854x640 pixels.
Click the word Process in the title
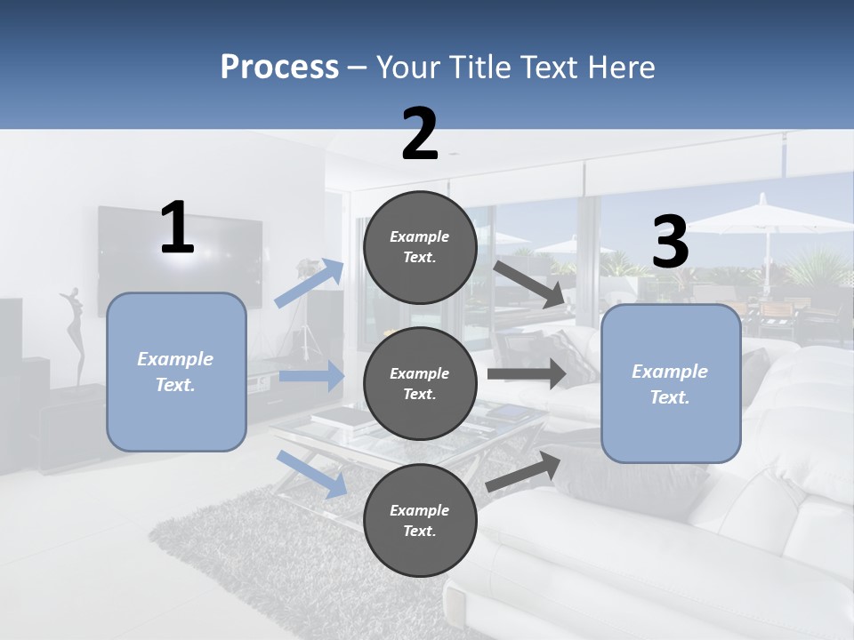tap(279, 68)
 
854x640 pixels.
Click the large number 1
tap(177, 228)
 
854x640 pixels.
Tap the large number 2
tap(420, 134)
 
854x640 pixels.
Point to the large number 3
tap(671, 243)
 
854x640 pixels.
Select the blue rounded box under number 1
tap(176, 372)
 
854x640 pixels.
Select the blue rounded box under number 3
tap(671, 384)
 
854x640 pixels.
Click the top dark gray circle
tap(420, 247)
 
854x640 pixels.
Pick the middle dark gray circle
tap(420, 383)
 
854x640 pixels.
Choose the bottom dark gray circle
tap(420, 520)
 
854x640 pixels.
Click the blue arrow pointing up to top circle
tap(310, 284)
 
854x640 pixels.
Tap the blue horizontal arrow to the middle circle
tap(311, 376)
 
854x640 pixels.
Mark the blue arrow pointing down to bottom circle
tap(311, 473)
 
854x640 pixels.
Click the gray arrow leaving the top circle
tap(529, 284)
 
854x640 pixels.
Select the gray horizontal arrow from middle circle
tap(527, 373)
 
